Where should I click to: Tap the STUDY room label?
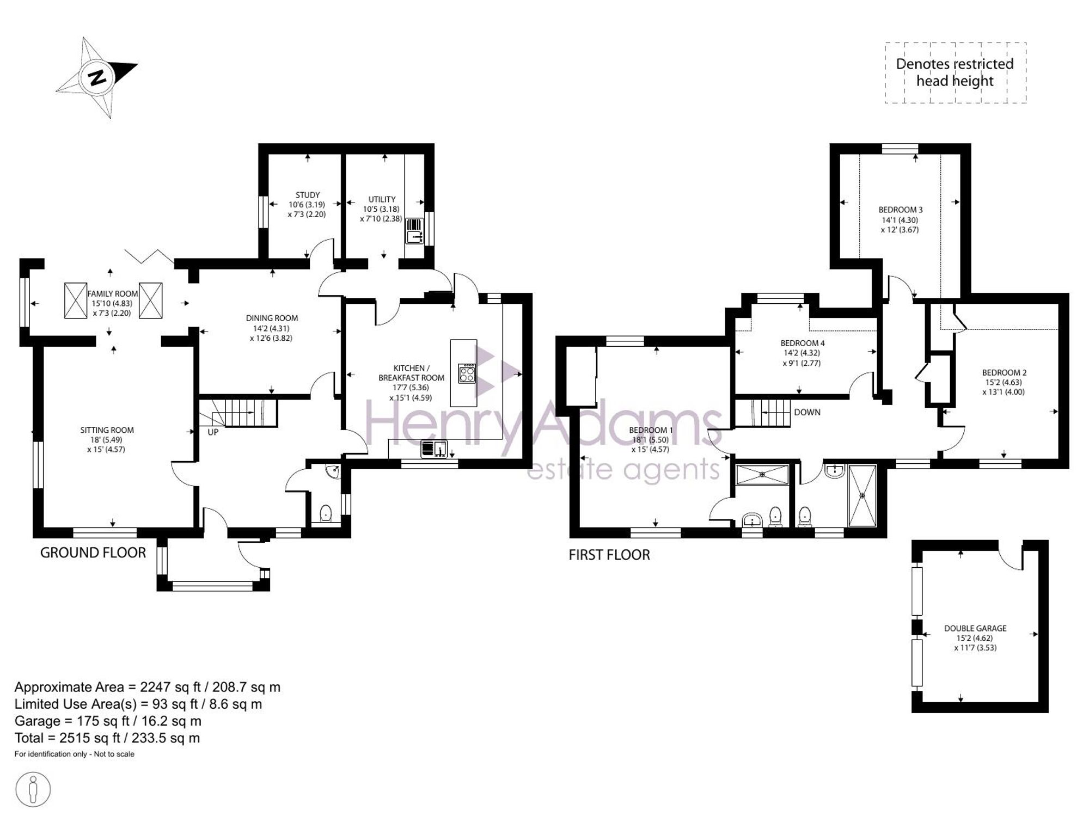coord(308,195)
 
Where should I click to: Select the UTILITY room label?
coord(382,199)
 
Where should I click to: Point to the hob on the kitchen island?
coord(467,374)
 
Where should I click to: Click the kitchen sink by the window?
coord(434,449)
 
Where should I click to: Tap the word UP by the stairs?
coord(213,432)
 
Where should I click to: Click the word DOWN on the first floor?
coord(807,412)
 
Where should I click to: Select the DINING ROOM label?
coord(272,318)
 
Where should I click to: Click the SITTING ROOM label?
coord(107,430)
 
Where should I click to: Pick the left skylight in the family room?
coord(76,300)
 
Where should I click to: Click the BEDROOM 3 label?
coord(901,210)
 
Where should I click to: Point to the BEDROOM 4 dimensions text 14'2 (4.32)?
coord(802,353)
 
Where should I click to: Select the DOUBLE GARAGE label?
coord(975,628)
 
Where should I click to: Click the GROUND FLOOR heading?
coord(93,553)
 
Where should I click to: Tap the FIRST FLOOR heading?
coord(609,555)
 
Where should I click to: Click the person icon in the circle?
coord(33,790)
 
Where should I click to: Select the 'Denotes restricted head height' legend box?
coord(956,72)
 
